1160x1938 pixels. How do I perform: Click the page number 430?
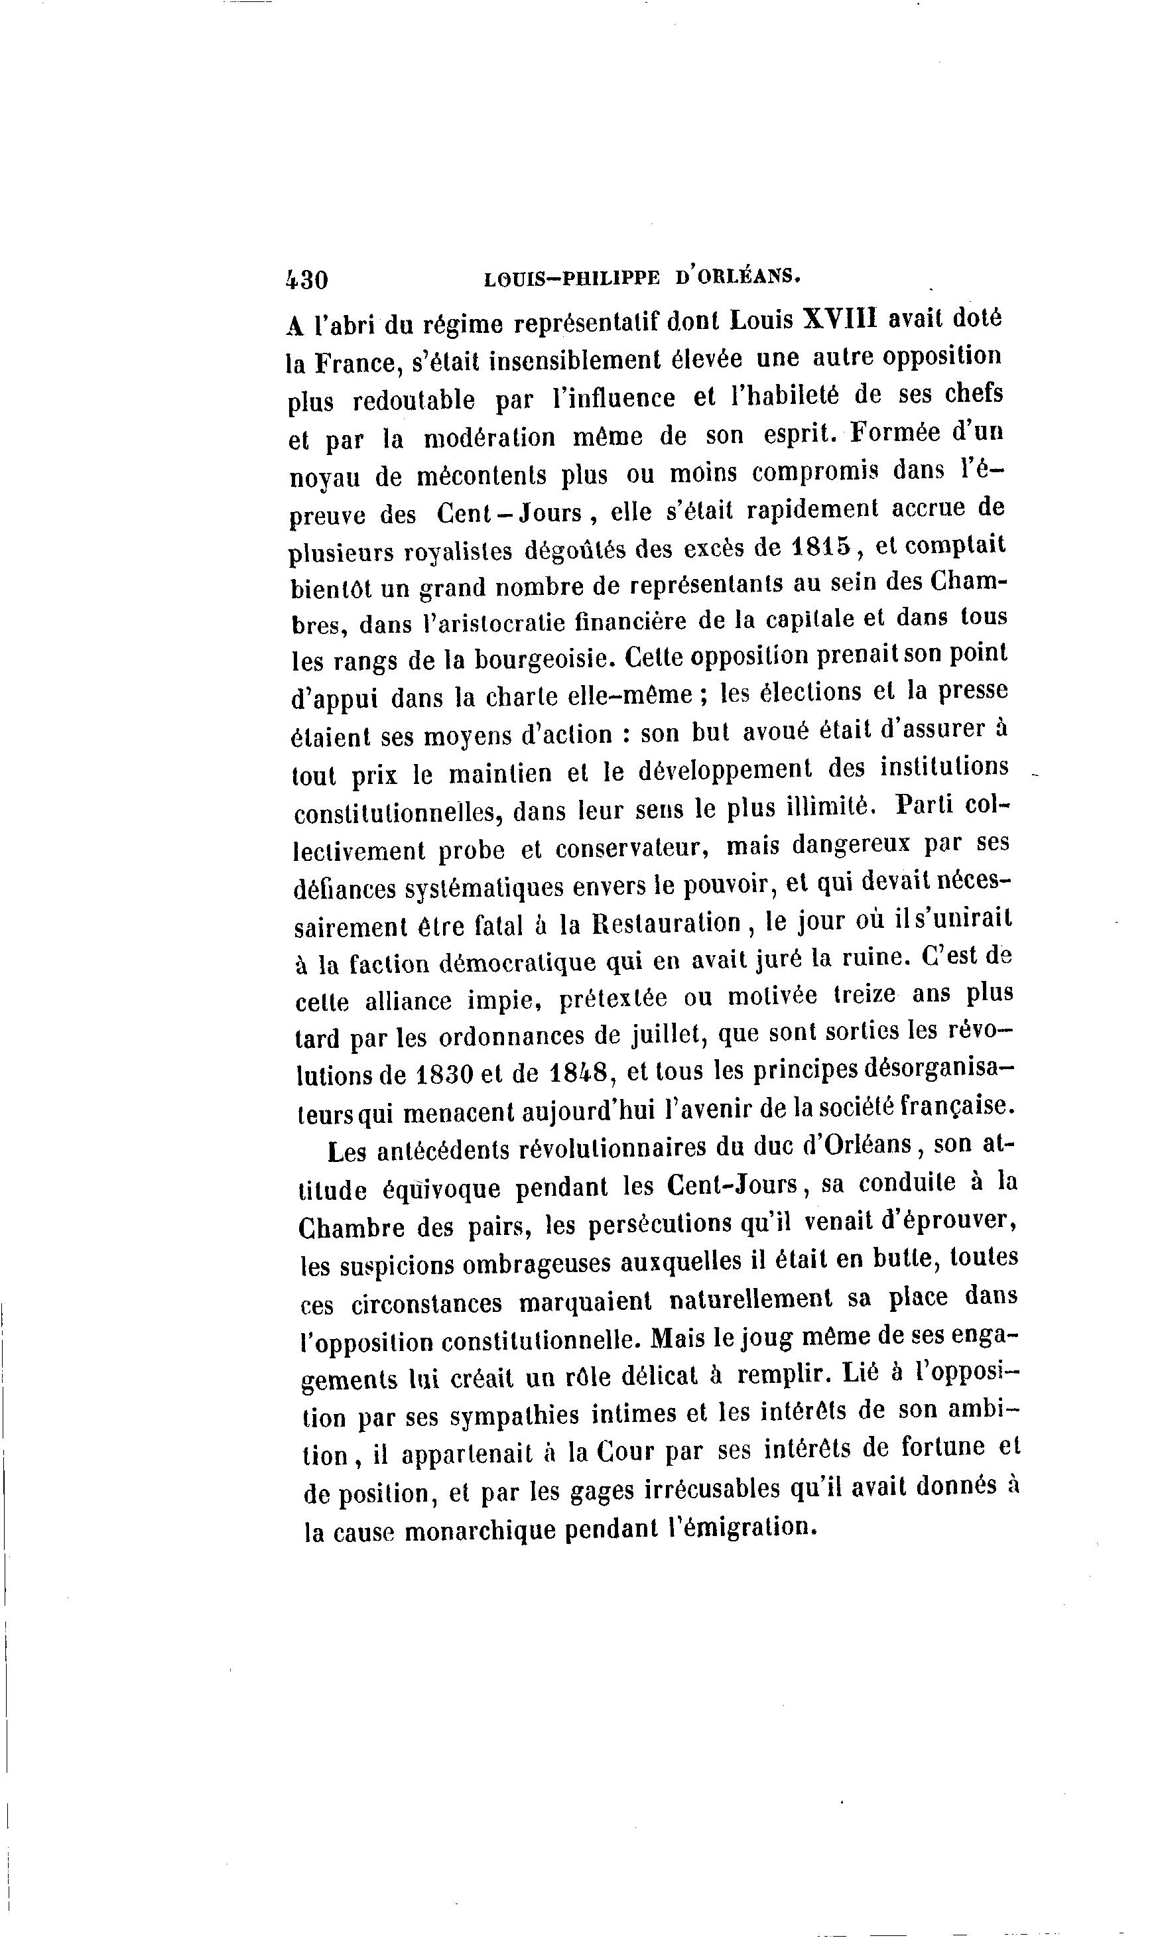point(307,280)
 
